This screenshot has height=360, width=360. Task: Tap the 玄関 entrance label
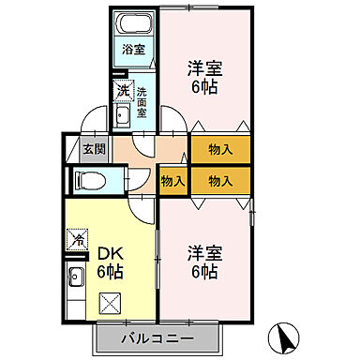pyautogui.click(x=92, y=147)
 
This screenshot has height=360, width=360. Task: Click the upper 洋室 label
pyautogui.click(x=200, y=67)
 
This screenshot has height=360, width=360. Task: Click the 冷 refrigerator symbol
pyautogui.click(x=79, y=240)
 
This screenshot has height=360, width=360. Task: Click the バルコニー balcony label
pyautogui.click(x=157, y=337)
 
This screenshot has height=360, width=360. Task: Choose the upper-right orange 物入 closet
pyautogui.click(x=221, y=149)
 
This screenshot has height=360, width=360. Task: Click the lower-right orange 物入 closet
pyautogui.click(x=221, y=179)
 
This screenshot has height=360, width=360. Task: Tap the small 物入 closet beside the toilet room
pyautogui.click(x=172, y=179)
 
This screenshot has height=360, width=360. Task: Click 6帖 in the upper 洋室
pyautogui.click(x=200, y=86)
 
